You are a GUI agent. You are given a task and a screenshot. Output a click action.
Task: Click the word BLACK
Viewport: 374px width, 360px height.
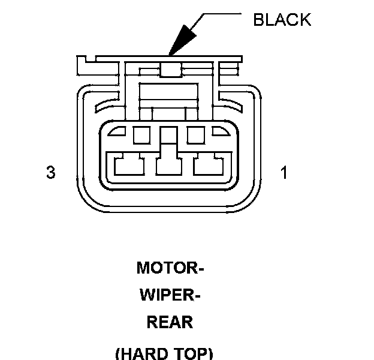point(282,19)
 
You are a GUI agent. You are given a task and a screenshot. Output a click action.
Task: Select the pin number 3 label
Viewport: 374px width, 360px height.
point(50,173)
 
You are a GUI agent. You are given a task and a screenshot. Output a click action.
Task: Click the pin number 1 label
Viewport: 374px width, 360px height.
point(283,173)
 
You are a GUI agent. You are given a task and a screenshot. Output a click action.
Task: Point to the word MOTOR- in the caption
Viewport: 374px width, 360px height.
point(170,268)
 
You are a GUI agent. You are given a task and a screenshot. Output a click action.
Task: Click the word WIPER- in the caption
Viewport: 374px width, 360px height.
point(170,295)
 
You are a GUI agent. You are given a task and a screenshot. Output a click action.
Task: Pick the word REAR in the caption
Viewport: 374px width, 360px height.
point(170,322)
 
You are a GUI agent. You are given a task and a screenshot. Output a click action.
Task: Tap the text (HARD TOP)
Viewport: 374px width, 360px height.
point(163,353)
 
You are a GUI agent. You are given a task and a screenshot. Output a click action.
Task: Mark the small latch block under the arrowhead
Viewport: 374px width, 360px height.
point(171,71)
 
